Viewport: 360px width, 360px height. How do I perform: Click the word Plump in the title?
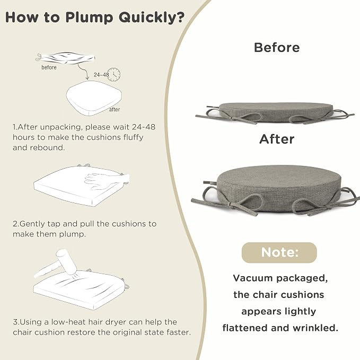pyautogui.click(x=89, y=17)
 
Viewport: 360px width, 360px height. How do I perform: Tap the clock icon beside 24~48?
pyautogui.click(x=114, y=74)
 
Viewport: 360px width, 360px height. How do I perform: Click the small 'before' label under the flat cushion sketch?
pyautogui.click(x=49, y=67)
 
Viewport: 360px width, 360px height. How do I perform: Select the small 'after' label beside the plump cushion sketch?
pyautogui.click(x=115, y=110)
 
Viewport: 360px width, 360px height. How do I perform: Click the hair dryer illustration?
pyautogui.click(x=57, y=264)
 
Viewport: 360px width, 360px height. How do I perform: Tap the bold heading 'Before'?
pyautogui.click(x=277, y=48)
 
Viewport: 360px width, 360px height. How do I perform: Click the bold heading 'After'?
pyautogui.click(x=277, y=139)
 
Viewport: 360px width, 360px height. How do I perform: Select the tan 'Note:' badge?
pyautogui.click(x=279, y=252)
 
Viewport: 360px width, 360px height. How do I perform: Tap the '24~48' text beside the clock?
pyautogui.click(x=101, y=75)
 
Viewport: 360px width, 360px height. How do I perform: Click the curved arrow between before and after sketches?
pyautogui.click(x=83, y=71)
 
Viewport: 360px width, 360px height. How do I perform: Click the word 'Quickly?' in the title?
pyautogui.click(x=152, y=17)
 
